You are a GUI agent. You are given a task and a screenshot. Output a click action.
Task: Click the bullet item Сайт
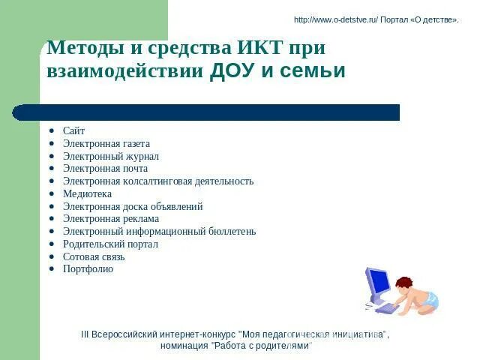[x=73, y=130]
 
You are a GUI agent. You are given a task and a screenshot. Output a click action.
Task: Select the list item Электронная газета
[x=106, y=143]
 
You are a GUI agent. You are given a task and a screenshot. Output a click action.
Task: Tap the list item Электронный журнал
[x=110, y=156]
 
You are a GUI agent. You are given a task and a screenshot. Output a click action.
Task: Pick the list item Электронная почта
[x=105, y=169]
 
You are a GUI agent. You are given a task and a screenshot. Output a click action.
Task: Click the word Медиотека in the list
[x=87, y=193]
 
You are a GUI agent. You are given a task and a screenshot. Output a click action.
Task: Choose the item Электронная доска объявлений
[x=133, y=206]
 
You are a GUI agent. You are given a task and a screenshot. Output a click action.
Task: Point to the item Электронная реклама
[x=110, y=219]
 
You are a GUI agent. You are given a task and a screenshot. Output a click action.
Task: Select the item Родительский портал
[x=110, y=244]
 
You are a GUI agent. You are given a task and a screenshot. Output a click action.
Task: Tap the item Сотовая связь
[x=94, y=256]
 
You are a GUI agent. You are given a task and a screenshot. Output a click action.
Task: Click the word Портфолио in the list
[x=88, y=268]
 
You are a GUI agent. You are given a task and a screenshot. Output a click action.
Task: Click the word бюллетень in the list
[x=231, y=231]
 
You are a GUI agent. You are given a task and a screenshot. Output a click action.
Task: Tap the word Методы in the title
[x=79, y=48]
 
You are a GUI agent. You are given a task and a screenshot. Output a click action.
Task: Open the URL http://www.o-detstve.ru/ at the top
[x=336, y=19]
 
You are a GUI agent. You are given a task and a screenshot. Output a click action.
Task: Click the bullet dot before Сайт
[x=51, y=131]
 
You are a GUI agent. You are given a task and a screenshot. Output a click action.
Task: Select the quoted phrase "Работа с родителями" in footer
[x=261, y=346]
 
